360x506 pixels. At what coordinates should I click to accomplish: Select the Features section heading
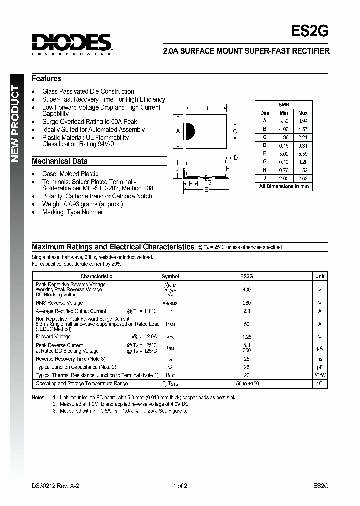[x=47, y=79]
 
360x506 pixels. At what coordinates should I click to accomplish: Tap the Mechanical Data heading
[x=60, y=161]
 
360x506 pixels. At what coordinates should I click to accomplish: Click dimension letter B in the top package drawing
[x=206, y=108]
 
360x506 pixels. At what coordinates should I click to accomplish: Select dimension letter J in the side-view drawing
[x=177, y=169]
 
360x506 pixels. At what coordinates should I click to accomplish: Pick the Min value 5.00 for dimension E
[x=283, y=154]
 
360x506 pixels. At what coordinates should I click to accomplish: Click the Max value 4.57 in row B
[x=302, y=129]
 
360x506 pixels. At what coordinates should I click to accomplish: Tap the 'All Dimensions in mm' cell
[x=283, y=186]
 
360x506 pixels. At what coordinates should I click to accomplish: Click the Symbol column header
[x=170, y=276]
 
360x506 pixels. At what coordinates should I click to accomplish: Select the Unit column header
[x=320, y=276]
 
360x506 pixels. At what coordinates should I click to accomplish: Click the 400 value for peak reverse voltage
[x=246, y=290]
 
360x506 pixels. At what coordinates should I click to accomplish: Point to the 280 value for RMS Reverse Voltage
[x=246, y=303]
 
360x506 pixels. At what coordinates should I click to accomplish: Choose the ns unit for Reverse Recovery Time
[x=320, y=359]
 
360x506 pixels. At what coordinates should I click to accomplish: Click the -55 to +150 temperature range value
[x=246, y=384]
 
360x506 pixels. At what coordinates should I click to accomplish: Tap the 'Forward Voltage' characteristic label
[x=53, y=337]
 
